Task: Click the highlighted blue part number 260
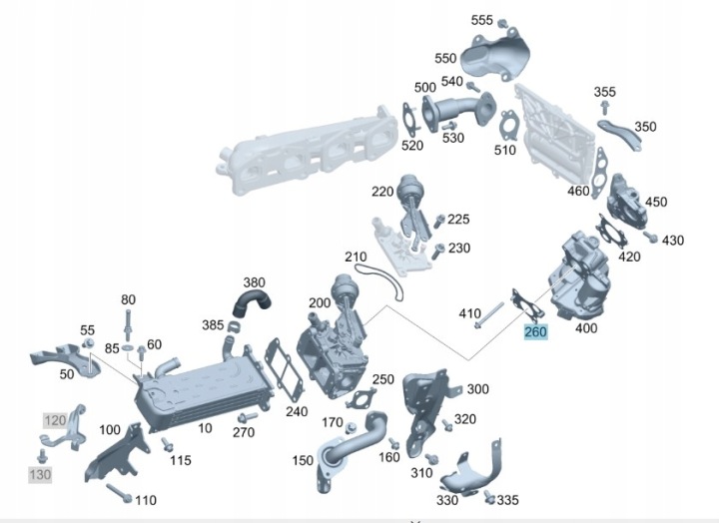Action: (x=535, y=331)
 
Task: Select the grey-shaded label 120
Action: (x=53, y=420)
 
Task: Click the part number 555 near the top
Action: (x=482, y=20)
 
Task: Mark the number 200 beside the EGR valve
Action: (x=319, y=302)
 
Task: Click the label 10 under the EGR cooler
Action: (x=204, y=427)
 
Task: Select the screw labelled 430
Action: (x=655, y=240)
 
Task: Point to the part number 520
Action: (x=411, y=145)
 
